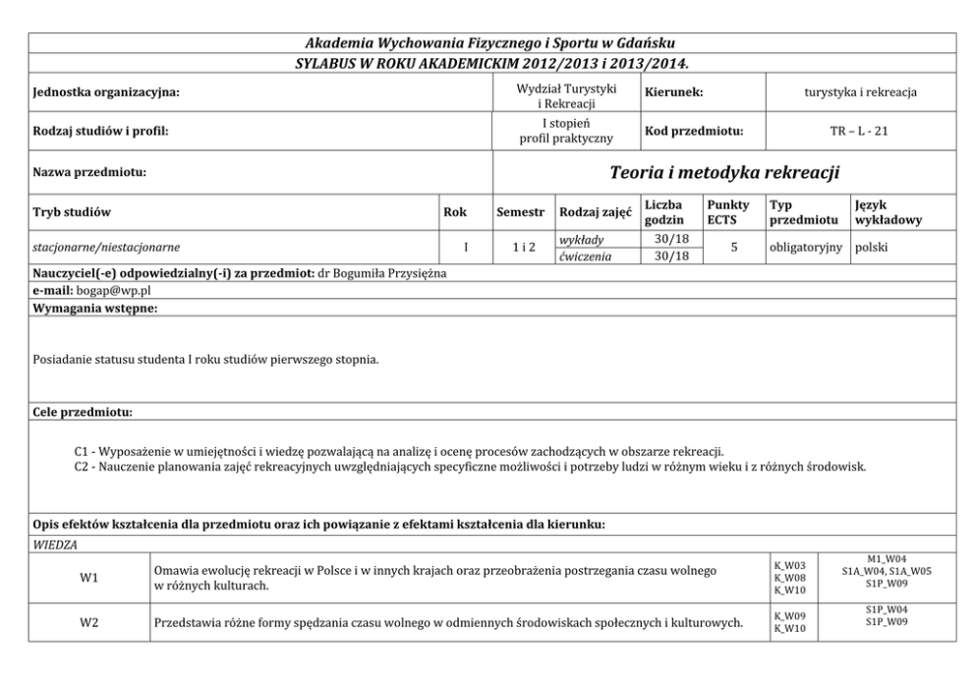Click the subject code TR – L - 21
pos(859,131)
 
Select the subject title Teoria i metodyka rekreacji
pos(724,173)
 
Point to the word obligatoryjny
pos(806,248)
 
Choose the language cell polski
pos(872,248)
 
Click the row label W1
pos(88,577)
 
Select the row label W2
pos(88,622)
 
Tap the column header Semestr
pos(521,212)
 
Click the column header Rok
pos(455,212)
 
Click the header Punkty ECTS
pos(727,212)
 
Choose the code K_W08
pos(790,578)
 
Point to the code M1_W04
pos(887,558)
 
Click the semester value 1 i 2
pos(523,248)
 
